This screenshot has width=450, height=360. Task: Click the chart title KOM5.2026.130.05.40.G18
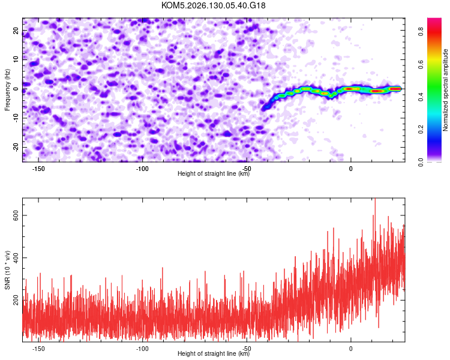(x=213, y=5)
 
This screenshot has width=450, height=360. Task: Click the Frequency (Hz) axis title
(x=7, y=90)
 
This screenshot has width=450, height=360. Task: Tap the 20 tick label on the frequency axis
(x=16, y=31)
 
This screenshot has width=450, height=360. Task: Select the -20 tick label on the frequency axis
(x=16, y=147)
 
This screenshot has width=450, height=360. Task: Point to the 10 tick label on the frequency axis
(x=16, y=59)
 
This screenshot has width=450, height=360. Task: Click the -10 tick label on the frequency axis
(x=16, y=118)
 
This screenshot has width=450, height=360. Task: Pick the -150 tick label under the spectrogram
(x=38, y=169)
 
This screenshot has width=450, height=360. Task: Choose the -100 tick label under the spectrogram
(x=142, y=169)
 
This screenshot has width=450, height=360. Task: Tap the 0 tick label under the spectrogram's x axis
(x=351, y=169)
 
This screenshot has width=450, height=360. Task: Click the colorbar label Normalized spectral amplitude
(x=445, y=90)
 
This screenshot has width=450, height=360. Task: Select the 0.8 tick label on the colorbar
(x=421, y=31)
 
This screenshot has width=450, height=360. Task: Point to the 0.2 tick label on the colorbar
(x=421, y=129)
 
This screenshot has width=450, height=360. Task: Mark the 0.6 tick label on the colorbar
(x=421, y=64)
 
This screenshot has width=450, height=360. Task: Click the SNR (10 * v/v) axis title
(x=7, y=270)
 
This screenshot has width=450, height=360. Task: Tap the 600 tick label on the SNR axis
(x=16, y=215)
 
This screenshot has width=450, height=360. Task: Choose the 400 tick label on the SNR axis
(x=16, y=258)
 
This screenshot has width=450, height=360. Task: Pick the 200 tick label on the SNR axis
(x=16, y=300)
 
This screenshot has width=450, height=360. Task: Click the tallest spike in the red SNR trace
(x=375, y=199)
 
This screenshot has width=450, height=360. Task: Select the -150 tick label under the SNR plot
(x=38, y=349)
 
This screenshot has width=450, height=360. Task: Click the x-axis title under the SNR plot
(x=214, y=353)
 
